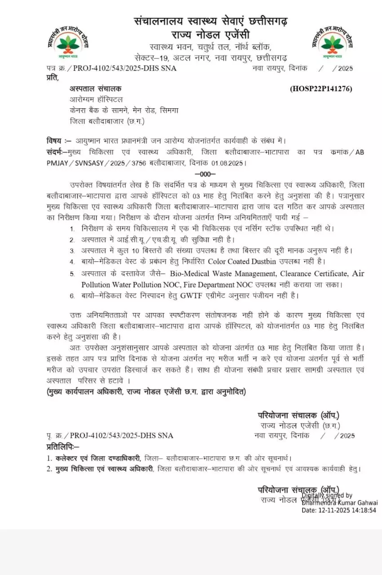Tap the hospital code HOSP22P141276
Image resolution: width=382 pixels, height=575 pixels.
321,88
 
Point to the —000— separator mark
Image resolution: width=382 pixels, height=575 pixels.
205,174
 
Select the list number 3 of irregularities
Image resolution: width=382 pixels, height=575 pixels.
72,251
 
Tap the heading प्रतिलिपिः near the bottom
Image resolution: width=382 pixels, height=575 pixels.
62,447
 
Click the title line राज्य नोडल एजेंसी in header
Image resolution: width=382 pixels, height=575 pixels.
210,35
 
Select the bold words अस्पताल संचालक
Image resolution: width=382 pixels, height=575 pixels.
95,88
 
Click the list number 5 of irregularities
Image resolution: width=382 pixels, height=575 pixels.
72,274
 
